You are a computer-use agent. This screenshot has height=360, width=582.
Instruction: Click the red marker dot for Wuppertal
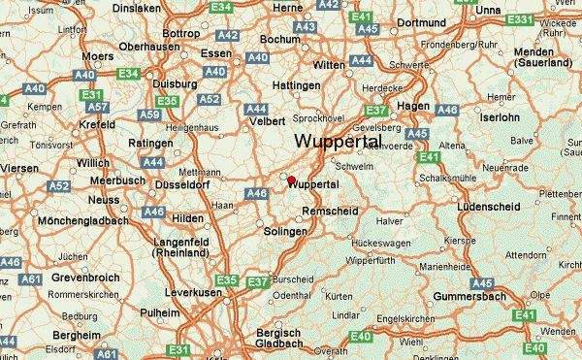pyautogui.click(x=291, y=180)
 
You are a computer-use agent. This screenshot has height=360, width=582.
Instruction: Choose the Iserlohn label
pyautogui.click(x=501, y=116)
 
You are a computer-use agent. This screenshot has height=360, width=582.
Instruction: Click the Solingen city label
pyautogui.click(x=285, y=232)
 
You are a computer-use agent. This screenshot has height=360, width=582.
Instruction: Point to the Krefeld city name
pyautogui.click(x=98, y=125)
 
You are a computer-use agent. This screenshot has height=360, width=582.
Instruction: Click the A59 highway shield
pyautogui.click(x=149, y=115)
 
